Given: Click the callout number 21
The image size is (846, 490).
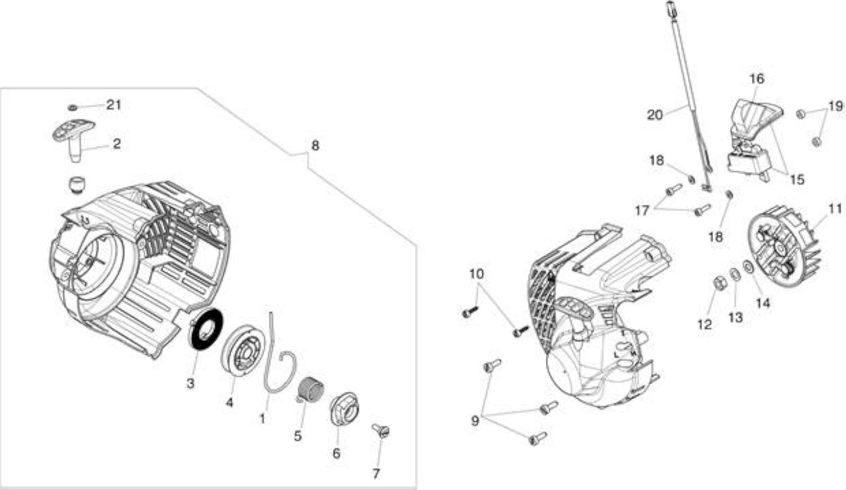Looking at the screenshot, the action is pos(114,104).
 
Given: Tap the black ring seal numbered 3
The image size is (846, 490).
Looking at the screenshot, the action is pos(206,329).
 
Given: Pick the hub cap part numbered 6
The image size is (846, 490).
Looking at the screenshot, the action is pos(344,409).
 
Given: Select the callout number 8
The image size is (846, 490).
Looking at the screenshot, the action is pos(315,146).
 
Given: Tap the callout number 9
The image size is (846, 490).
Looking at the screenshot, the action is pos(475,421).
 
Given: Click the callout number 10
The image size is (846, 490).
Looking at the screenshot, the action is pos(477,274).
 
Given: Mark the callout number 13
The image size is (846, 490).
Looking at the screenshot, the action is pos(736,317).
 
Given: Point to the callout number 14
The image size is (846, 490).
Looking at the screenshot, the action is pos(763,303).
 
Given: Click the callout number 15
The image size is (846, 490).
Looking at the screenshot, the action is pos(797,179).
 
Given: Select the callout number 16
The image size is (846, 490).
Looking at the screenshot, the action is pos(757,79).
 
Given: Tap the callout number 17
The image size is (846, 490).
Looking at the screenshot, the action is pos(642,210).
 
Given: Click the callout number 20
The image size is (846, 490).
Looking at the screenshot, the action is pos(655,115).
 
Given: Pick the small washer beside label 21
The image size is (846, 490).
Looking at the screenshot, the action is pos(73,108).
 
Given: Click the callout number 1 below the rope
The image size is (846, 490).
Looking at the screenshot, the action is pos(262,419).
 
